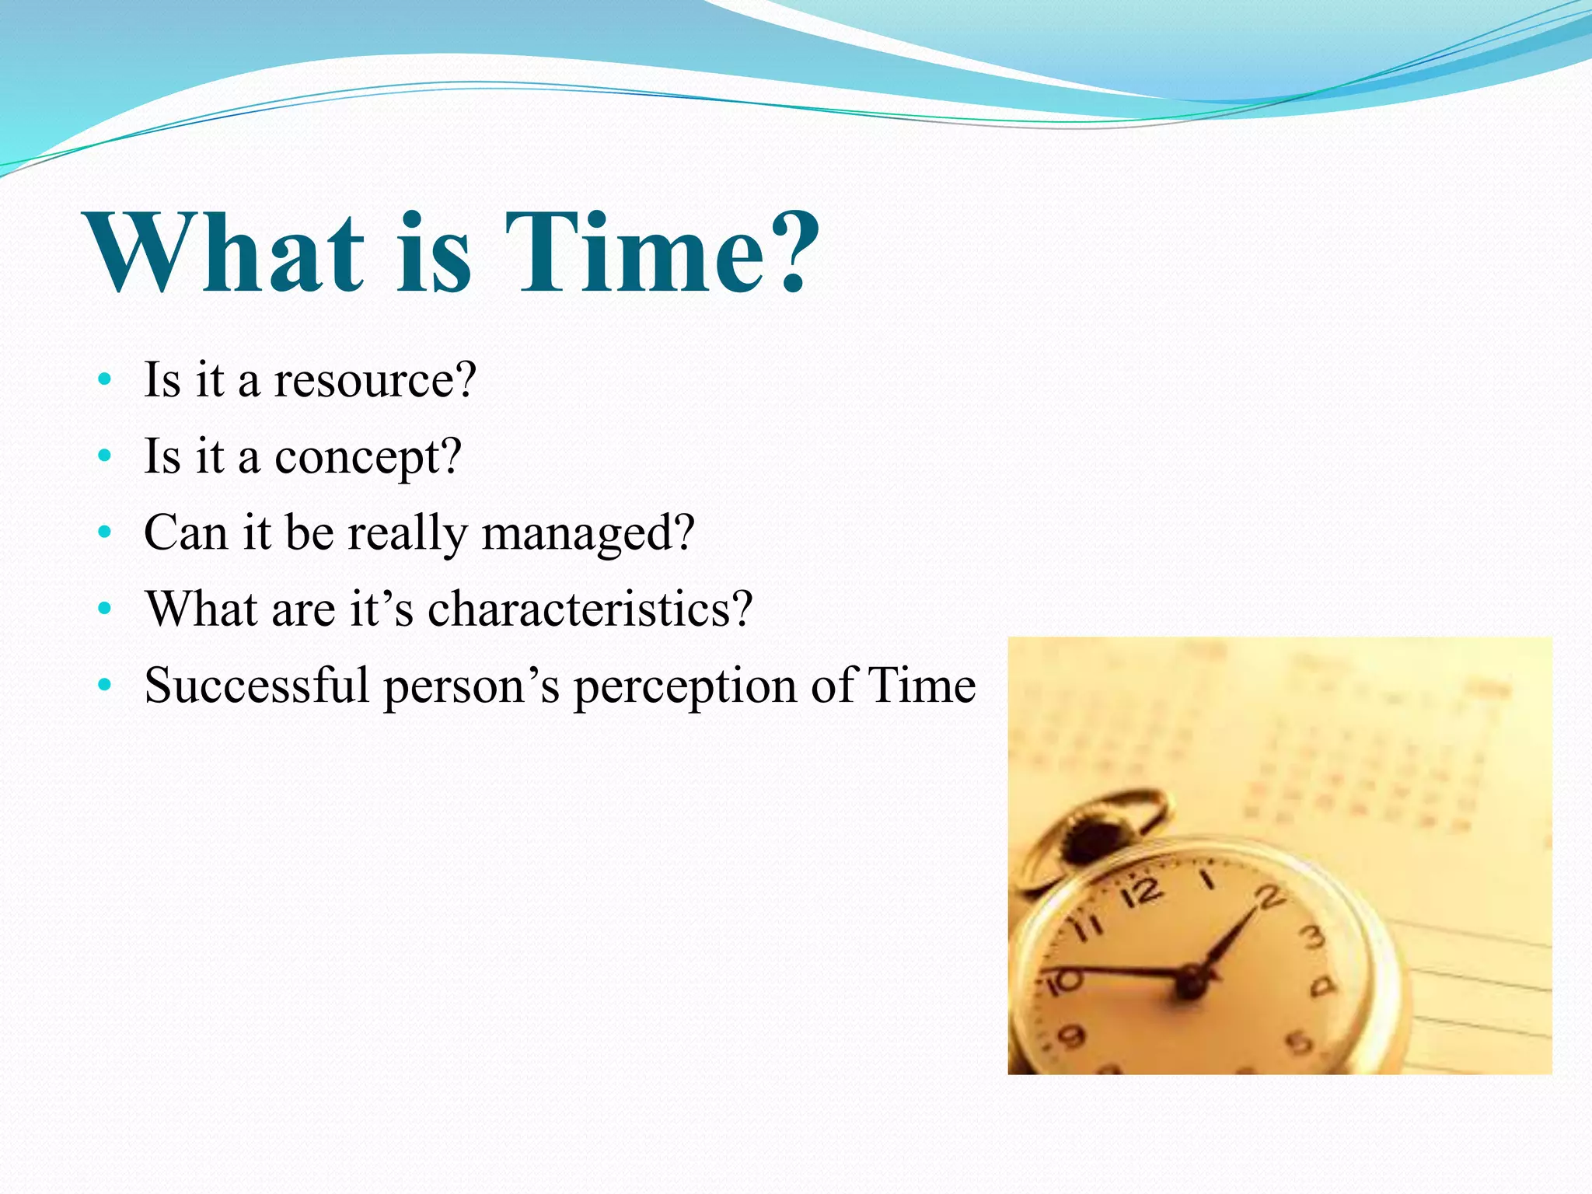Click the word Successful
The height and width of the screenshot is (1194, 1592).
(x=257, y=686)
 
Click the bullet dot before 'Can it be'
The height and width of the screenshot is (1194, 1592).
(x=105, y=534)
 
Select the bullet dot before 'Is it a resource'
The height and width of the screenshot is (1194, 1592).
(x=105, y=381)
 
